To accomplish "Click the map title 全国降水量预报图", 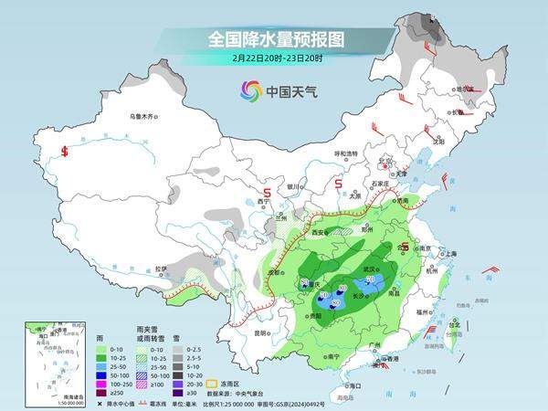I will [273, 39].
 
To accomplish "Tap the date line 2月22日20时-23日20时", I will [273, 58].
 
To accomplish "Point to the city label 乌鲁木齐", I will [143, 117].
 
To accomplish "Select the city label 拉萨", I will [161, 269].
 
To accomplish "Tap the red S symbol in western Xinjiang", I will [65, 152].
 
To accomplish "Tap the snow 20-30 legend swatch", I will [179, 385].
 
